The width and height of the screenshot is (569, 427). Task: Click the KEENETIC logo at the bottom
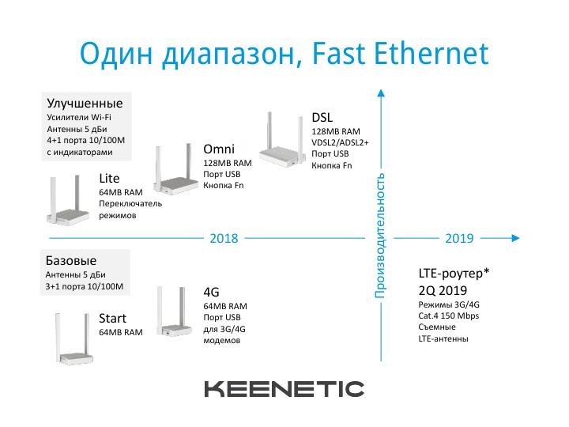point(284,389)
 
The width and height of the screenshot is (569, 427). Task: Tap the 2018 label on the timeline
point(224,238)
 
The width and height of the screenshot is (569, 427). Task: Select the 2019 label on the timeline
point(459,238)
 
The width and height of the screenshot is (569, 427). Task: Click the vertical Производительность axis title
point(380,236)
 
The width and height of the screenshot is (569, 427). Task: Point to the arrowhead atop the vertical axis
point(381,93)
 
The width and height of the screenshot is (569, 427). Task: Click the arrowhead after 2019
point(515,238)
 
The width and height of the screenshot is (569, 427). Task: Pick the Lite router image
point(68,200)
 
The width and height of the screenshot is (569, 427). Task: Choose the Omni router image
point(176,169)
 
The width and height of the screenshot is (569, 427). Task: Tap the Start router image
point(74,338)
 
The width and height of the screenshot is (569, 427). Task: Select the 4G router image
point(174,312)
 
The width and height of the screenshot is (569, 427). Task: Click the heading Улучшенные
point(85,103)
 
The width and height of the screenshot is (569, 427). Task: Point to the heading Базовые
point(71,260)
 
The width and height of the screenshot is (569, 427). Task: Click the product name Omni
point(219,149)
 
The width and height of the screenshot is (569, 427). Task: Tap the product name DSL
point(322,117)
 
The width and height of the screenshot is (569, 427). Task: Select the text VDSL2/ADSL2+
point(340,142)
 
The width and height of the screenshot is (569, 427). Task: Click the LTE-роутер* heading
point(454,273)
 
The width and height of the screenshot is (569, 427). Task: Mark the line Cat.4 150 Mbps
point(449,316)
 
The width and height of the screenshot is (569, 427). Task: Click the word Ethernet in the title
point(431,54)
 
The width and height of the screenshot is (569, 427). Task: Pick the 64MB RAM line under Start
point(121,332)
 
